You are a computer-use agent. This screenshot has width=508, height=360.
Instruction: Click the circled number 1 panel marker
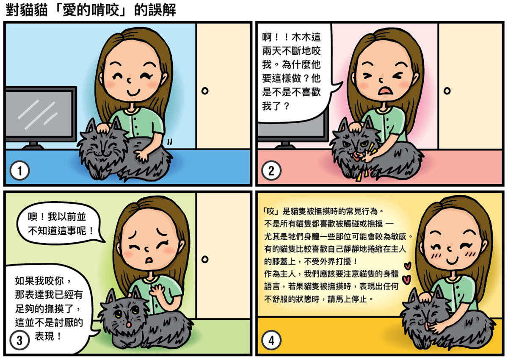pos(20,171)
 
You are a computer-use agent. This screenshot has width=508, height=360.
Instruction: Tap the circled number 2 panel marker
pos(271,171)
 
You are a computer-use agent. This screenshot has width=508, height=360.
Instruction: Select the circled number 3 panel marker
pos(20,340)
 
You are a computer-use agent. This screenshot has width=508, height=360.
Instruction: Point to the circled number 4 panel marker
pos(271,340)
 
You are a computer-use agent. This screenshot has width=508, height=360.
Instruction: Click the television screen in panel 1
pos(39,114)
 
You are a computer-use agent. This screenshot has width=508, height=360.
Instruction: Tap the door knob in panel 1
pos(205,91)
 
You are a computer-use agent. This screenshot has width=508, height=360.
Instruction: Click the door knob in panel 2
pos(447,91)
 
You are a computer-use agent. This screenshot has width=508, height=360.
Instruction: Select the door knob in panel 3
pos(205,259)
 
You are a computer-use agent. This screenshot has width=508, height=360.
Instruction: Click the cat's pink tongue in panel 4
pos(428,326)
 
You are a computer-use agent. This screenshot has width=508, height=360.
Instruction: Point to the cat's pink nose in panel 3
pos(129,324)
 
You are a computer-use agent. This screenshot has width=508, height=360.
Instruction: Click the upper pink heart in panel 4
pos(408,266)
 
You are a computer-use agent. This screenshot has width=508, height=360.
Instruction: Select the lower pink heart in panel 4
pos(406,279)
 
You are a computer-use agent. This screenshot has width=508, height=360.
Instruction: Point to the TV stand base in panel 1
pos(33,146)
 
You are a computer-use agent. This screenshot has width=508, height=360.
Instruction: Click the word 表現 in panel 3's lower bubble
pos(44,336)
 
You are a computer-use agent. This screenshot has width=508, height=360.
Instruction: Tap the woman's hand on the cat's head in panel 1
pos(103,128)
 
